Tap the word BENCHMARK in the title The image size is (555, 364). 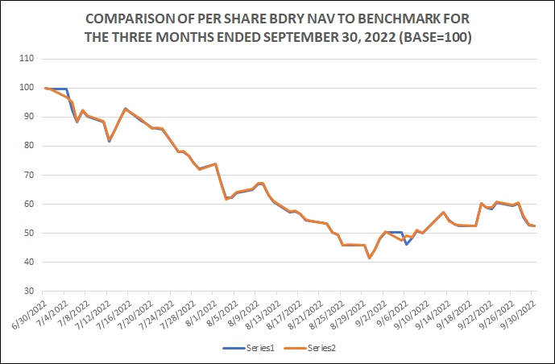click(x=389, y=18)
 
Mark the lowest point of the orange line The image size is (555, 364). click(x=369, y=258)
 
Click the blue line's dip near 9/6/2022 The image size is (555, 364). click(x=407, y=244)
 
